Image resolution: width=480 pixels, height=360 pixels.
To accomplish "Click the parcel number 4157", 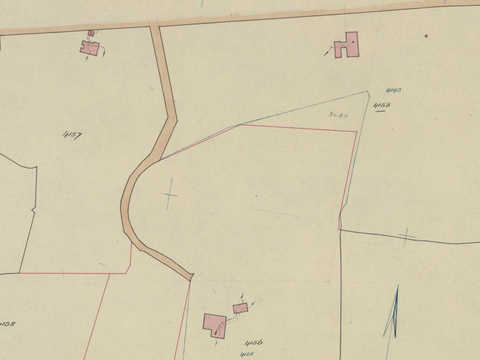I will tap(72, 135).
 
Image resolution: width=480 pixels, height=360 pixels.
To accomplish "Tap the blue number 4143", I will tap(393, 90).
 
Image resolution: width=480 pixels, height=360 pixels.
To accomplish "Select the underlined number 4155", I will tap(382, 105).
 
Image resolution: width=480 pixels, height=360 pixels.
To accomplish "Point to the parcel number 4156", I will tap(253, 343).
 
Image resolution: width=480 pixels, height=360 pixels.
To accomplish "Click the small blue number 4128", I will tap(246, 354).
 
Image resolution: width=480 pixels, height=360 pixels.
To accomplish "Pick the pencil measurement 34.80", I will tap(338, 115).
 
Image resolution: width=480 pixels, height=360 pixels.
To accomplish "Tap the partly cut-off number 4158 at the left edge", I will tap(7, 324).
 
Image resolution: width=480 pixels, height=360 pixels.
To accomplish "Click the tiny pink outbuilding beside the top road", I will tap(91, 33).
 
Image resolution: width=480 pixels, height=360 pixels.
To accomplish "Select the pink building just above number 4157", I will tap(90, 48).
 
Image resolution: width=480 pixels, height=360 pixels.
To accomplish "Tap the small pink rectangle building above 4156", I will tap(240, 308).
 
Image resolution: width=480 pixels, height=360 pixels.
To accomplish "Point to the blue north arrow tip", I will tap(397, 287).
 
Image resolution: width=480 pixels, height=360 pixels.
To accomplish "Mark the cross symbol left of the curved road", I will tap(170, 195).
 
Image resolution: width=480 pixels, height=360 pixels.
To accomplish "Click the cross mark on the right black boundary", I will tap(407, 236).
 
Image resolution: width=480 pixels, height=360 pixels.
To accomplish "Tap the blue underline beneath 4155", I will tap(381, 111).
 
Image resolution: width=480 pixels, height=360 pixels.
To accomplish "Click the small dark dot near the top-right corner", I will tap(426, 35).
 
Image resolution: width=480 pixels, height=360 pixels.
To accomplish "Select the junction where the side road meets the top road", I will tap(154, 25).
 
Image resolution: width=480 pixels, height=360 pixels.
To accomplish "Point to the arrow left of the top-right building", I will tap(327, 53).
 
